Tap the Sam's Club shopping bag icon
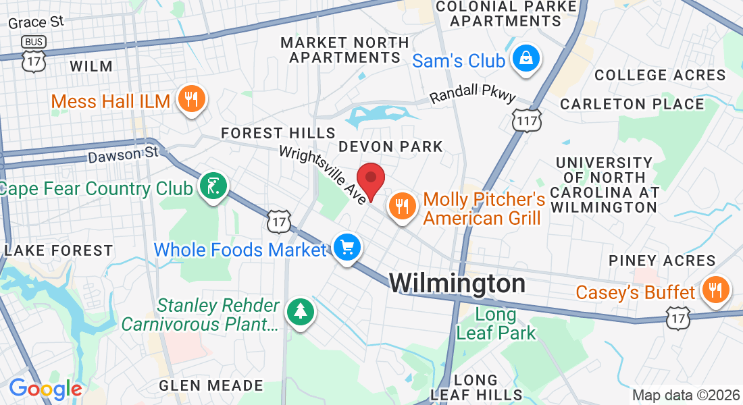pos(525,59)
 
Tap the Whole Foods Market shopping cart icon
pos(347,248)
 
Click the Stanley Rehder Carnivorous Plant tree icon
pos(299,311)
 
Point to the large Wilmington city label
pos(457,283)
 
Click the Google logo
pos(45,389)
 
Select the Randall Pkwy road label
pos(472,98)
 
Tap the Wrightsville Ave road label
pos(324,174)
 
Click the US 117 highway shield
pos(527,121)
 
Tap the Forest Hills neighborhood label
pos(278,132)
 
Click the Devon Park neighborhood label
pos(390,146)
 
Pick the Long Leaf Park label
pos(496,323)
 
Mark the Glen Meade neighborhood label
pos(211,385)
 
